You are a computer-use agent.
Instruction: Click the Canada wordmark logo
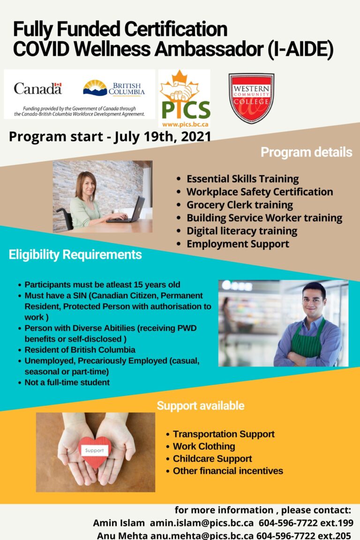click(x=37, y=88)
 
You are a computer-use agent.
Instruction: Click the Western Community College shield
click(x=251, y=97)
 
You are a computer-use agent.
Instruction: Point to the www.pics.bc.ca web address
click(x=185, y=125)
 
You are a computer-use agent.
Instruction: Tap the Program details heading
click(x=306, y=152)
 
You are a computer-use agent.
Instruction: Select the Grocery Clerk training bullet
click(x=240, y=205)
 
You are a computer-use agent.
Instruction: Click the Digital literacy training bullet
click(x=241, y=231)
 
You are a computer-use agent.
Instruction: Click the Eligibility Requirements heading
click(x=75, y=255)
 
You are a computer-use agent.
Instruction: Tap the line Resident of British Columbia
click(x=80, y=350)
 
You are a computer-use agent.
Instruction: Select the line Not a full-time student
click(x=67, y=382)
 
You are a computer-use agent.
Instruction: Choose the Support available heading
click(x=201, y=405)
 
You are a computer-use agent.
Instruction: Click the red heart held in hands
click(x=95, y=451)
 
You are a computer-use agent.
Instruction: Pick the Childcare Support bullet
click(x=212, y=458)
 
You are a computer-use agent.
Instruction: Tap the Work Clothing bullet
click(x=204, y=446)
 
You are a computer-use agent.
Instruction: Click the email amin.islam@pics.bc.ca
click(x=202, y=523)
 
